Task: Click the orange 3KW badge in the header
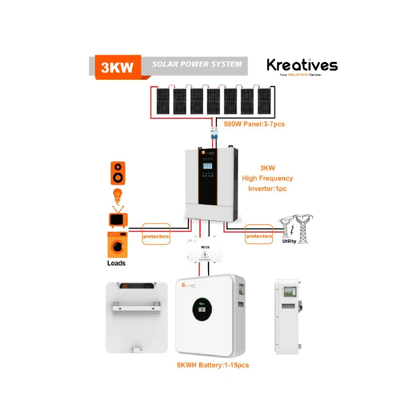[118, 66]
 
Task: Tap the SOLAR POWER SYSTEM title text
[197, 64]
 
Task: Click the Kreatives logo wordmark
[302, 65]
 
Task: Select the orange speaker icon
[118, 173]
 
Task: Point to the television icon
[118, 219]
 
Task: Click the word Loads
[116, 263]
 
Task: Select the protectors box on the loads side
[156, 236]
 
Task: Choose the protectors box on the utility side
[259, 236]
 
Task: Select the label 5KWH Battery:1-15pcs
[212, 364]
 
